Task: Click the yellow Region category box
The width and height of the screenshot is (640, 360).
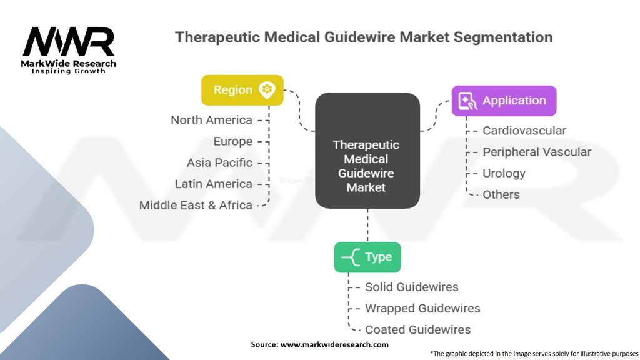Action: [242, 90]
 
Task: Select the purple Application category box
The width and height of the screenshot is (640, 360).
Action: [504, 101]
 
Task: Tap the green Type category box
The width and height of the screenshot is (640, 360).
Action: [367, 257]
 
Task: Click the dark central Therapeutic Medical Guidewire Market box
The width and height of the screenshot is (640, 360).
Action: [367, 151]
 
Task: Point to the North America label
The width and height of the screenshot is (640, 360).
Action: [211, 120]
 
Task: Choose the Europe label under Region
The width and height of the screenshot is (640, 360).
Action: [232, 142]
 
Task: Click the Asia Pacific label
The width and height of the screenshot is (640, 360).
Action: [219, 163]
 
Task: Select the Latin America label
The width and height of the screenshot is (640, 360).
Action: [214, 184]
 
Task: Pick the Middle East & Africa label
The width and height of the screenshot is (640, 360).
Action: [196, 205]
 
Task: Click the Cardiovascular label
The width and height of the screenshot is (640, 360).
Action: [524, 131]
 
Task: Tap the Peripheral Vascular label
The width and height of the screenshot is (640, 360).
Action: [537, 152]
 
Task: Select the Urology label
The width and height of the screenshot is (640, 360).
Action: [504, 174]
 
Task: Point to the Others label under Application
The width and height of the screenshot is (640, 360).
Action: [501, 195]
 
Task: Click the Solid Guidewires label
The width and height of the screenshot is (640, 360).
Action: [411, 287]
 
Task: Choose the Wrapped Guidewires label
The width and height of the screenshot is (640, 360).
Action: [422, 309]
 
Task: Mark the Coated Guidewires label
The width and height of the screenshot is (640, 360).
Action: [417, 330]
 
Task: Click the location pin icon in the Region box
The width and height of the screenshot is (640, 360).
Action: [267, 90]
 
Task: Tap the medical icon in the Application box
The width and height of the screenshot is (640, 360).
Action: [467, 101]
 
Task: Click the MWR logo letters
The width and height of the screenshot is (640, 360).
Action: [69, 42]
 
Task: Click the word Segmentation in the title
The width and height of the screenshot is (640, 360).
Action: [503, 37]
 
